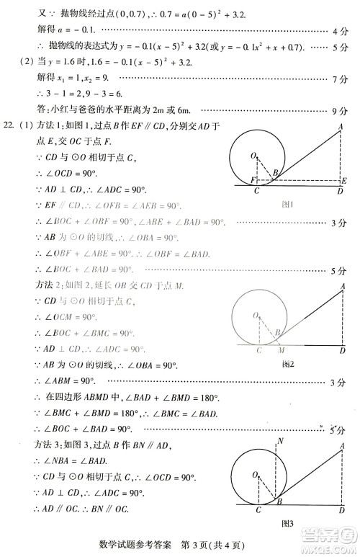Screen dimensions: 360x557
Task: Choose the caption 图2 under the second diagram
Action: [x=288, y=365]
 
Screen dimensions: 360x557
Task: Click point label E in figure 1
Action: [x=345, y=180]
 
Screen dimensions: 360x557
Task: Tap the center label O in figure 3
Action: [x=253, y=475]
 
